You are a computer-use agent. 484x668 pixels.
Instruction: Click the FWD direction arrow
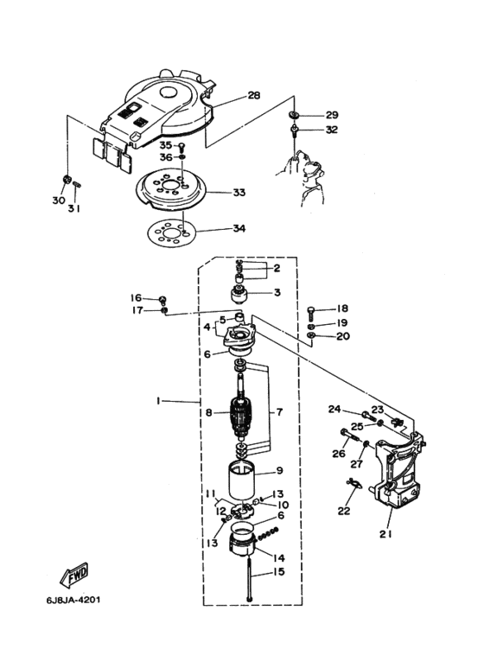[74, 574]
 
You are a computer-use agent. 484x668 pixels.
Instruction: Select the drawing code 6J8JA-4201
[73, 601]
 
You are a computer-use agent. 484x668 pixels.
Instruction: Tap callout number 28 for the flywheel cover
[254, 95]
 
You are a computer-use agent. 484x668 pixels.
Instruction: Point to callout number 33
[239, 193]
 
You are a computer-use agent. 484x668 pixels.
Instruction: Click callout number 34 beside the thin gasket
[239, 228]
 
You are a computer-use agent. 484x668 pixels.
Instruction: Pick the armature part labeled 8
[243, 413]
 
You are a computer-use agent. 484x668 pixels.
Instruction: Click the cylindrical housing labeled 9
[242, 480]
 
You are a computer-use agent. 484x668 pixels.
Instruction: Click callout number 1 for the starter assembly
[158, 400]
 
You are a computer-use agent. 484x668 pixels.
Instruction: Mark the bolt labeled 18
[312, 314]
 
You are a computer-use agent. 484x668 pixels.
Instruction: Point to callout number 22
[344, 511]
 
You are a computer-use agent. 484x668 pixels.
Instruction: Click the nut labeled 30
[66, 180]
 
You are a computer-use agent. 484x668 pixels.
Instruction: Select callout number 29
[332, 115]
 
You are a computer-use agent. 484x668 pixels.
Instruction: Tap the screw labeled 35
[181, 148]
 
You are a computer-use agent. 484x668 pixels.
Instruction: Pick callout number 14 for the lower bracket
[278, 558]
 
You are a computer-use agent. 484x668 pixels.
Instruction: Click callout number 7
[279, 412]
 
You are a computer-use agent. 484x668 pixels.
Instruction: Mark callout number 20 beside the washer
[343, 336]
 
